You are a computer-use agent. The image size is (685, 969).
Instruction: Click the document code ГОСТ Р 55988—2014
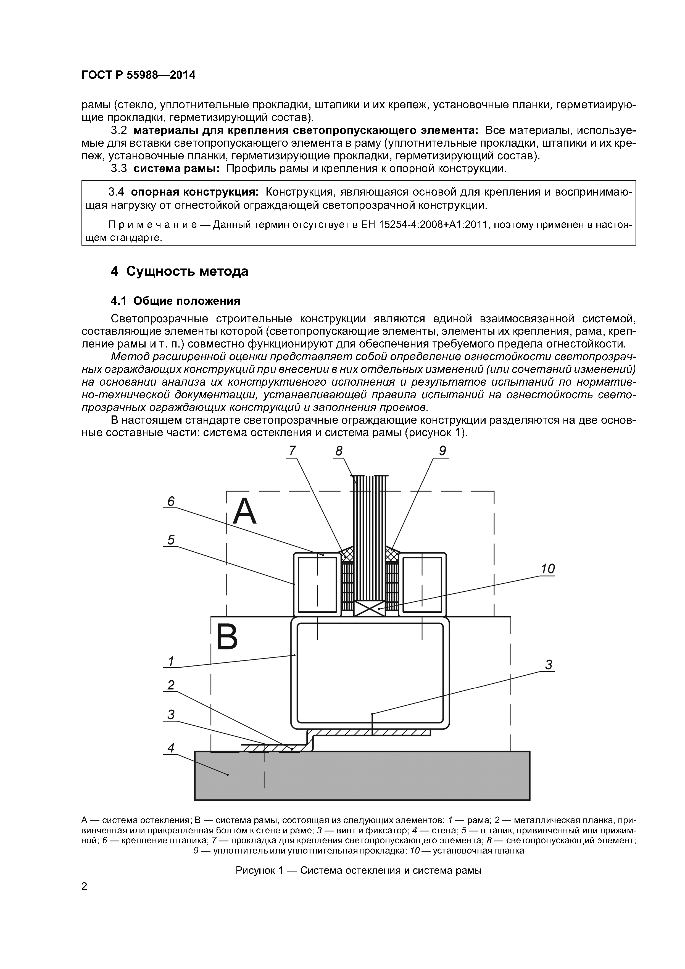click(138, 75)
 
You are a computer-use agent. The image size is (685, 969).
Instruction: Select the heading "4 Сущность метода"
click(179, 271)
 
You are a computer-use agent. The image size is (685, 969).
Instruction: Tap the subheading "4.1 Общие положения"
click(175, 301)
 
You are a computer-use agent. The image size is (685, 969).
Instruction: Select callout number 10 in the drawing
click(547, 569)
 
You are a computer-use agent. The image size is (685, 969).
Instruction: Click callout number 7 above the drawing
click(292, 451)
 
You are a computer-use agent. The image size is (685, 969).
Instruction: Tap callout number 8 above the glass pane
click(338, 451)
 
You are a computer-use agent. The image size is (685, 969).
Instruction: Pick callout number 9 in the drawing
click(442, 451)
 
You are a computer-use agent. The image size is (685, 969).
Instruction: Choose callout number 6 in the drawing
click(170, 501)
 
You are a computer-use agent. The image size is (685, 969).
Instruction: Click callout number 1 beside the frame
click(170, 661)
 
